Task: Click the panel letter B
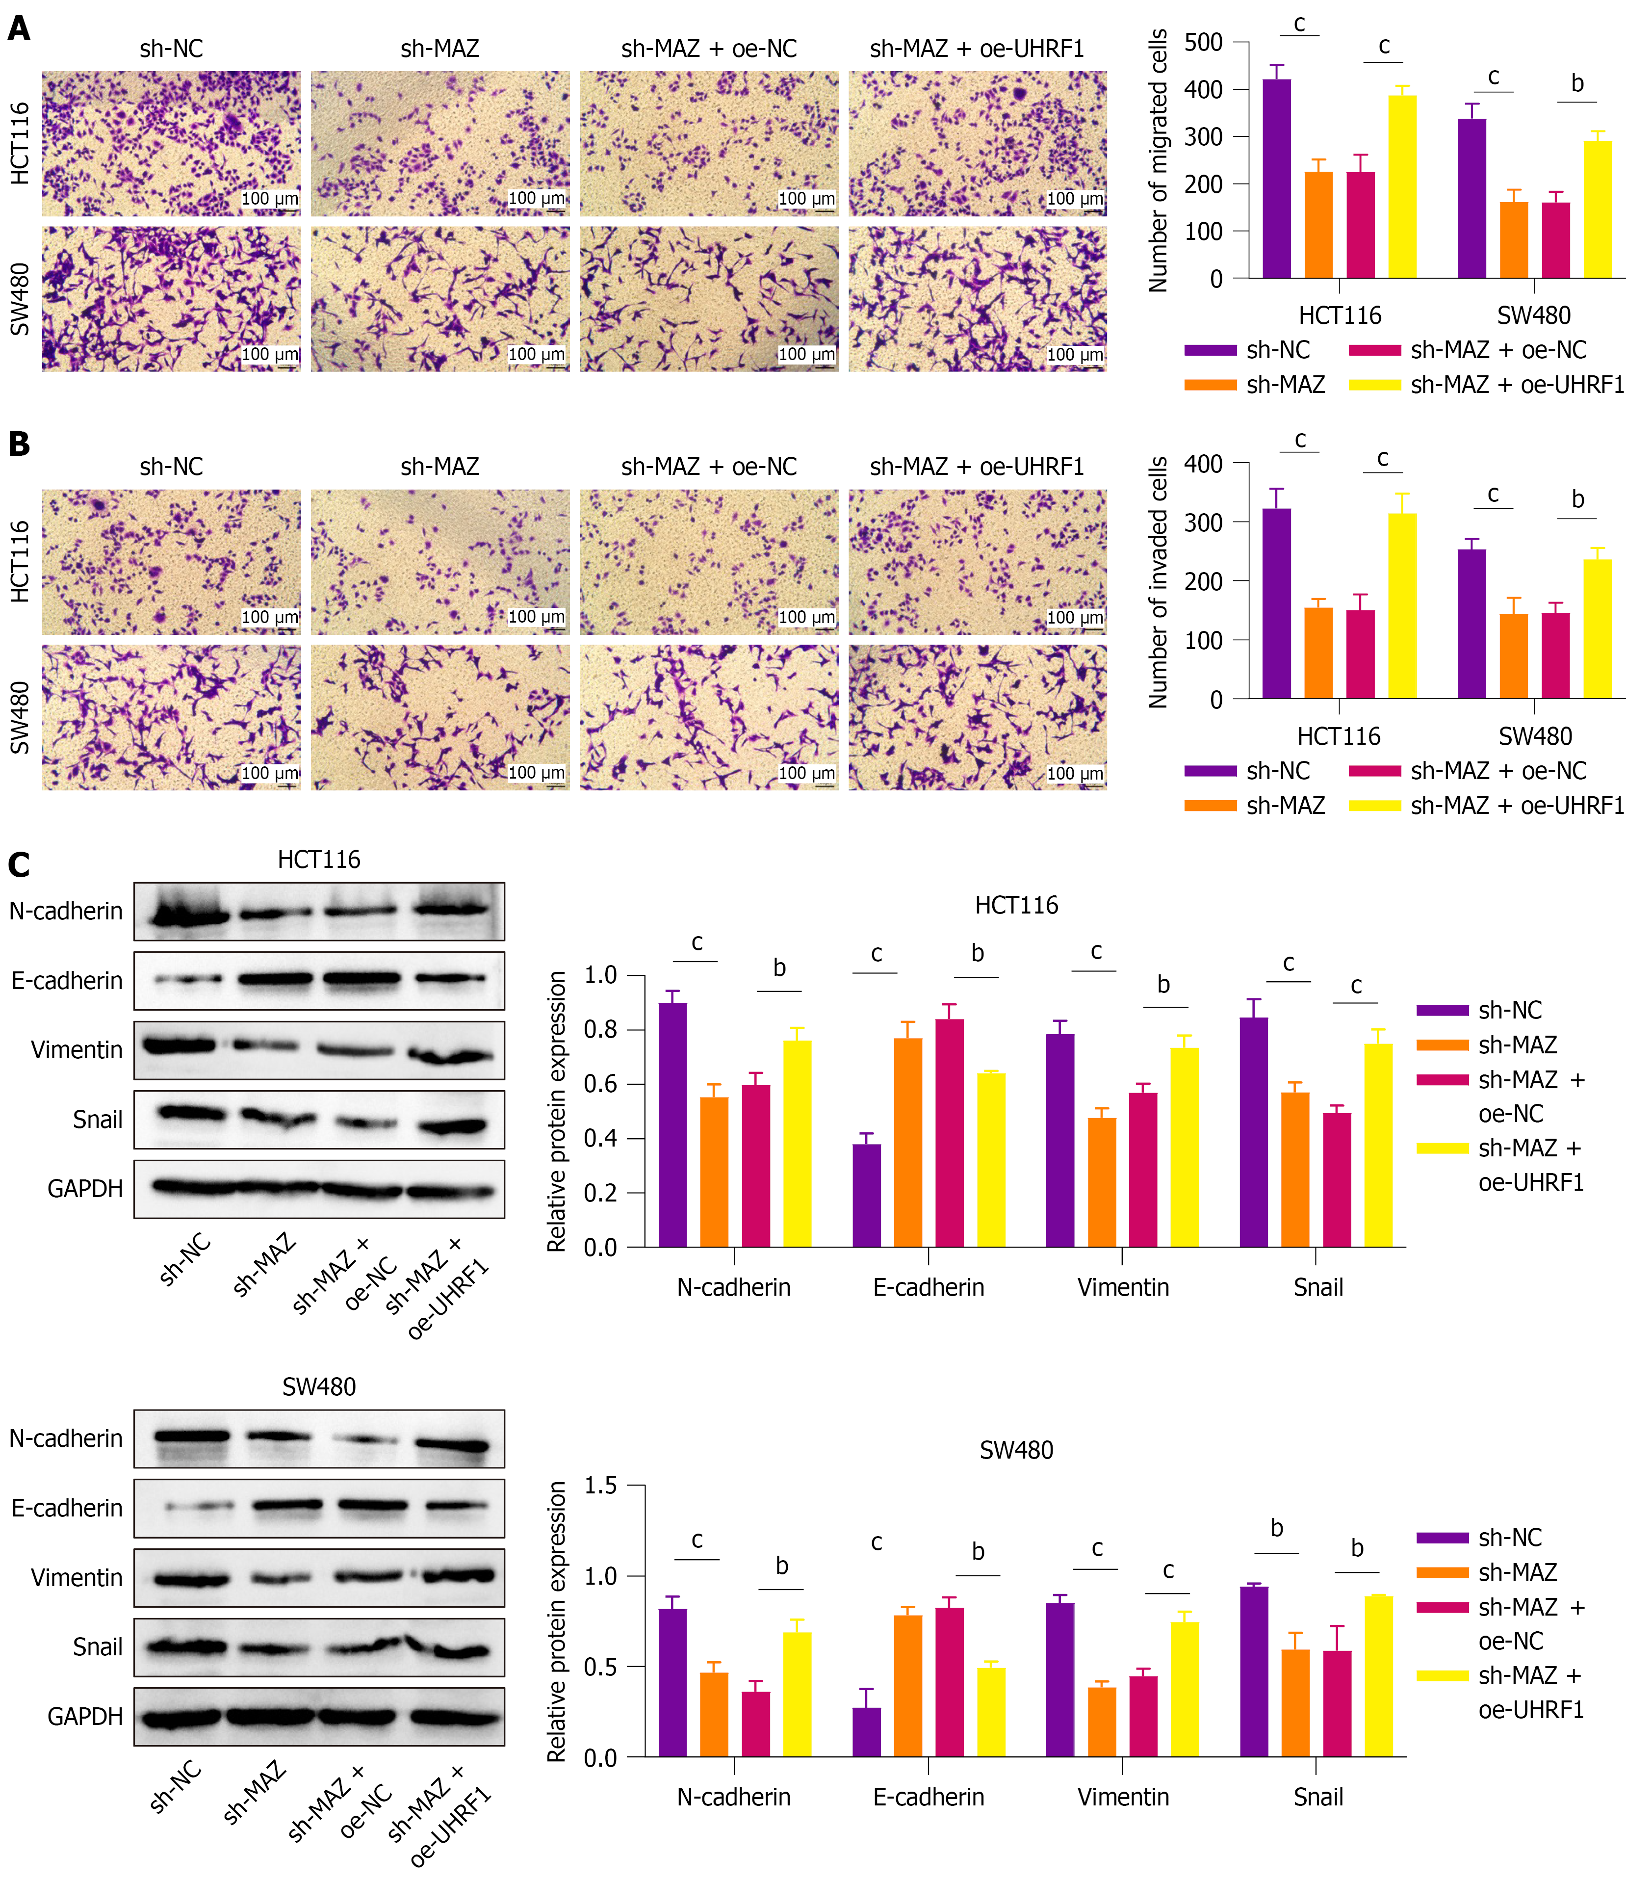click(x=19, y=444)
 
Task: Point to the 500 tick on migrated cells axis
click(x=1204, y=43)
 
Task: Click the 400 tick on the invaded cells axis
click(x=1204, y=465)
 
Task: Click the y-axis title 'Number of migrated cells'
click(x=1158, y=160)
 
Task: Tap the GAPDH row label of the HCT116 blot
click(x=85, y=1189)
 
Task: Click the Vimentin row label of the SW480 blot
click(x=77, y=1578)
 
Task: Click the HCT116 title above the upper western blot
click(x=318, y=859)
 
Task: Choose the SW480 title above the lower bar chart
click(x=1016, y=1450)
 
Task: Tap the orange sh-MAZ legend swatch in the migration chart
click(x=1211, y=385)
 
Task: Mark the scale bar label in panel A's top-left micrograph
click(x=269, y=199)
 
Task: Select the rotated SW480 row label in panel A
click(x=20, y=299)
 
